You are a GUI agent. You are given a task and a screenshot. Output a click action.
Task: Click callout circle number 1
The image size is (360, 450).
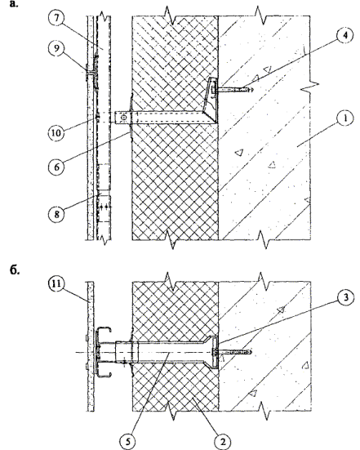point(345,118)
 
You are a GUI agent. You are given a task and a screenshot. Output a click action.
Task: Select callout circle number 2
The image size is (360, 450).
point(223,442)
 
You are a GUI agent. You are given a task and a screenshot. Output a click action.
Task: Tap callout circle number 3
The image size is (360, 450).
point(345,297)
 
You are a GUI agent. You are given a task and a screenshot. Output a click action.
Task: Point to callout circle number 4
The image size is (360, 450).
point(345,36)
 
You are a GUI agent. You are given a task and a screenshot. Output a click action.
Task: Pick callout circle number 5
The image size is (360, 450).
point(128,442)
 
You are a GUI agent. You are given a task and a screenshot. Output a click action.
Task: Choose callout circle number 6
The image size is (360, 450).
point(56,167)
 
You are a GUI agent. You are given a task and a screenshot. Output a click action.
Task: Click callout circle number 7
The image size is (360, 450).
point(56,18)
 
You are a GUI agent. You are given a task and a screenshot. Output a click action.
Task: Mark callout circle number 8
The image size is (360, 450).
point(56,214)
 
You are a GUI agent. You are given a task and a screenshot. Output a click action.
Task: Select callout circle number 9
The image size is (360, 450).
point(56,48)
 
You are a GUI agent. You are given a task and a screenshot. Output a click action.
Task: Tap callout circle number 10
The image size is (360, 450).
point(56,133)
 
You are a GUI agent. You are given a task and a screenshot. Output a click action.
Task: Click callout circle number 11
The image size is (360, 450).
point(56,284)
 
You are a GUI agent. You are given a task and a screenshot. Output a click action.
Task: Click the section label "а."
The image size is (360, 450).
point(14,4)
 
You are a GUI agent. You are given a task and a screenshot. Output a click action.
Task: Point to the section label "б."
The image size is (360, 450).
point(15,271)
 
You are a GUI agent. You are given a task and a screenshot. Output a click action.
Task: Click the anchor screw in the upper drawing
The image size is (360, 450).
point(234,90)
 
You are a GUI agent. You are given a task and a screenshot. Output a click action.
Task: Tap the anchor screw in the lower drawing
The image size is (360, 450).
point(233,351)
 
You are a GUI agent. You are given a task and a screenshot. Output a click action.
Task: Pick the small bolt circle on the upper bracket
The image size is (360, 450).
point(123,118)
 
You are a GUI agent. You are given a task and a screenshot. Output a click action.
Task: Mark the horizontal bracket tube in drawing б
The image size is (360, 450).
point(167,353)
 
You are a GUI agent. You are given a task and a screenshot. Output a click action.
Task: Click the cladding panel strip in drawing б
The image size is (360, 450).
point(90,346)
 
